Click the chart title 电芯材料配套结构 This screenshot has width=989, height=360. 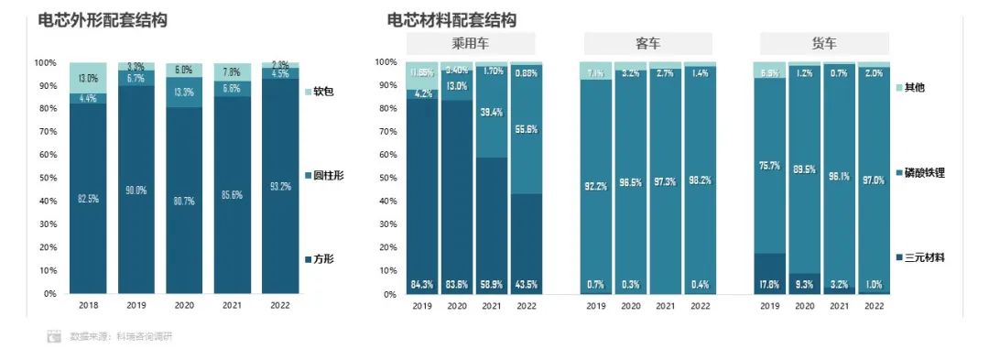[451, 19]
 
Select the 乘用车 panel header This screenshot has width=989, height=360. [469, 43]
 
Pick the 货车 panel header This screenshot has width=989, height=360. [824, 43]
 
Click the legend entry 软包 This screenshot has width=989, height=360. [323, 92]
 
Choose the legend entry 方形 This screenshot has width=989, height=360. [323, 259]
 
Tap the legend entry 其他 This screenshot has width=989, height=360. [915, 87]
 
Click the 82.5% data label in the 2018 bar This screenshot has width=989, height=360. [88, 199]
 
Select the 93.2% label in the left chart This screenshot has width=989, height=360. [280, 187]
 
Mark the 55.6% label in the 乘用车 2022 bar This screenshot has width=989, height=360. [526, 130]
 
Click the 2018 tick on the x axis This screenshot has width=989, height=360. [88, 306]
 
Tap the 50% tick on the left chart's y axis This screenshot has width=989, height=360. [45, 179]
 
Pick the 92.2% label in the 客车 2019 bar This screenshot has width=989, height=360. [595, 186]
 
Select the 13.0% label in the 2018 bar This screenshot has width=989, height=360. [88, 78]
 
